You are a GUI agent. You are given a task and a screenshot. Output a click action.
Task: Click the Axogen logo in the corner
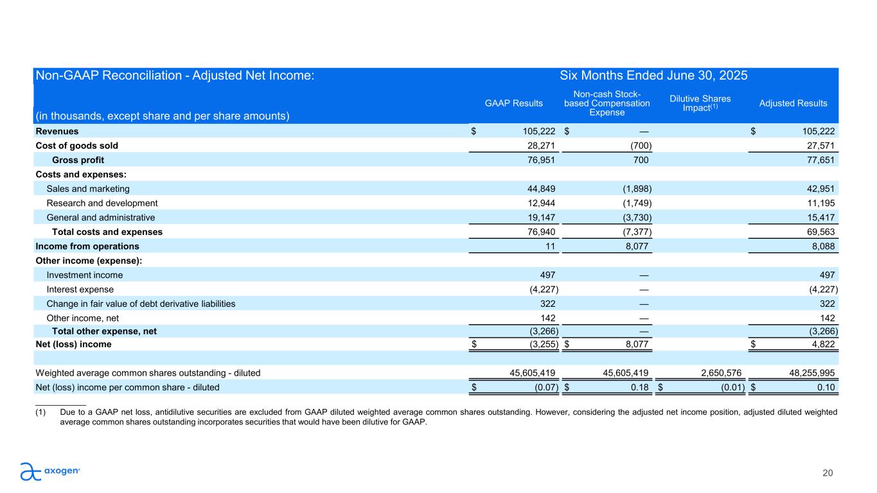pos(50,471)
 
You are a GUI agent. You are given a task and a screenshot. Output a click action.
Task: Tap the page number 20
pos(828,473)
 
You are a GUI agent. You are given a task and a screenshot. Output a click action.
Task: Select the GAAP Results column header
pos(514,103)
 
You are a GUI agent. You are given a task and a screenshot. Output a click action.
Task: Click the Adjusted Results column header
pos(793,103)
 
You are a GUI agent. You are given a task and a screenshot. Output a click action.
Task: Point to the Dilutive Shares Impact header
pos(700,103)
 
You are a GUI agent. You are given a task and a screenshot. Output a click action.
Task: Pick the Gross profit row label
pos(78,160)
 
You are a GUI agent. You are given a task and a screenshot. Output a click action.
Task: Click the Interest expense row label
pos(80,290)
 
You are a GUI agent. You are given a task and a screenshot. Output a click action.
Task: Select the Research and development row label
pos(102,203)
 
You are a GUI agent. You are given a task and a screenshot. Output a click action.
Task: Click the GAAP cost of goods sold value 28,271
pos(541,146)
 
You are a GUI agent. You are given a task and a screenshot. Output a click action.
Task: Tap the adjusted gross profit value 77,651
pos(820,160)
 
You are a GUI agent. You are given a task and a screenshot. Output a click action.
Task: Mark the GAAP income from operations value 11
pos(551,246)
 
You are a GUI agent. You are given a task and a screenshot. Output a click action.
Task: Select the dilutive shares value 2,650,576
pos(721,373)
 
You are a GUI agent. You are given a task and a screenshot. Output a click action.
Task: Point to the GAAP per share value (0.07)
pos(547,387)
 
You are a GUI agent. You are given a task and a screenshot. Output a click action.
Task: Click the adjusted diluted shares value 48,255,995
pos(811,373)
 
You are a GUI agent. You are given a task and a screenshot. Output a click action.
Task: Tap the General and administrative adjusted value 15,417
pos(820,218)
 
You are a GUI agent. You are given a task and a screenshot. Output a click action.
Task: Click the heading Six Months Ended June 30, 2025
pos(653,75)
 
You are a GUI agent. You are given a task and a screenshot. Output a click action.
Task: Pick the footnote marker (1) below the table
pos(40,412)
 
